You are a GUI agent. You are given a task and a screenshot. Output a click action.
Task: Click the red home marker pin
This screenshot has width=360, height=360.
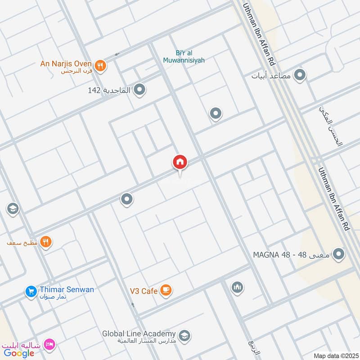pos(180,162)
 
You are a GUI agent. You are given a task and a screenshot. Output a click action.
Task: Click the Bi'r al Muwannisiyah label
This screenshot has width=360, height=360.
pos(190,55)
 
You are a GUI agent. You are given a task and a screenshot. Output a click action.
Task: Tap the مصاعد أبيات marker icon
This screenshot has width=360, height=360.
pos(300,75)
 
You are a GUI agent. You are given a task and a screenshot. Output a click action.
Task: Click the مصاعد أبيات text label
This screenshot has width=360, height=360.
pos(272,76)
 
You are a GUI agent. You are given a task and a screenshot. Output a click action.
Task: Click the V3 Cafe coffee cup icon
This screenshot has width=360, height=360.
pos(166,291)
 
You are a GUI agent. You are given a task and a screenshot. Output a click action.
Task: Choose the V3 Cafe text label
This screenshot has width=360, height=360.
pos(143,291)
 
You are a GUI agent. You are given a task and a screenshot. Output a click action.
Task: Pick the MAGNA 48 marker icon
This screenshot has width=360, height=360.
pos(339,254)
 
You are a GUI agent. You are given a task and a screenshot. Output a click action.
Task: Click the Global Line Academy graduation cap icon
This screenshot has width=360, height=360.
pos(184,336)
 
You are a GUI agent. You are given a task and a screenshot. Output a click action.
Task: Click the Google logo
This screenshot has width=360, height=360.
pos(19,353)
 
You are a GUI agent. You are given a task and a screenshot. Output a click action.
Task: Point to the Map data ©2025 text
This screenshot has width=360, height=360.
pos(335,355)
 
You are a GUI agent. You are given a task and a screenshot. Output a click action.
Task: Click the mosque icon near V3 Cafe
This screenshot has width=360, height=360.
pos(237,287)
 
